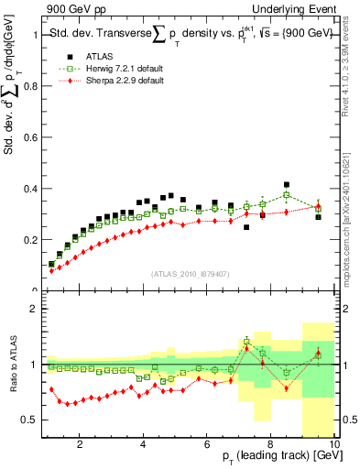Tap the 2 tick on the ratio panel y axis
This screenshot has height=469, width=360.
pyautogui.click(x=38, y=310)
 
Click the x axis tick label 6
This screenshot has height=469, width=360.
pyautogui.click(x=208, y=446)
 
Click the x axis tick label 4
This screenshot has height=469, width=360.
pyautogui.click(x=144, y=446)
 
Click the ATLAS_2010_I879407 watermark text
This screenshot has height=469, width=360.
pyautogui.click(x=190, y=273)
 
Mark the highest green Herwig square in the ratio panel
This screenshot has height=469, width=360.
pyautogui.click(x=246, y=342)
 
